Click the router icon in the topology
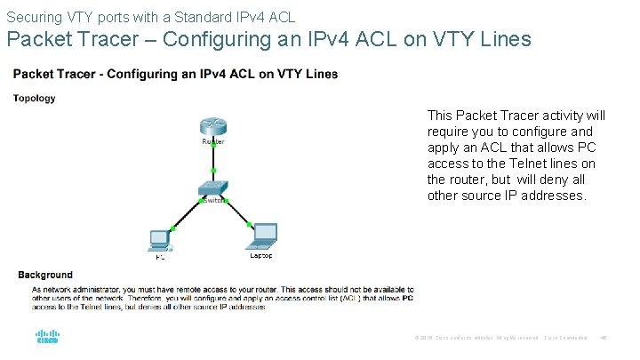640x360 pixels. coord(213,126)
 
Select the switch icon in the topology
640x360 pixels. coord(213,188)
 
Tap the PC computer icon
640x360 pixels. coord(160,240)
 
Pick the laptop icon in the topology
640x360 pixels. coord(263,235)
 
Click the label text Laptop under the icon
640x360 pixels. coord(261,256)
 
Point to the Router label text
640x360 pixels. coord(213,141)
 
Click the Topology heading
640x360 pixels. coord(35,99)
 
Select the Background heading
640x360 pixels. coord(45,276)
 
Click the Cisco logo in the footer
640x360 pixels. coord(47,339)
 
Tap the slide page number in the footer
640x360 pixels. coord(604,337)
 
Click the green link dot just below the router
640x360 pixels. coord(213,170)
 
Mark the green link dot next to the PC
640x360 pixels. coord(173,229)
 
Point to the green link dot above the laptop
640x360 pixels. coord(250,223)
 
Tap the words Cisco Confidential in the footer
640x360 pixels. coord(565,337)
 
